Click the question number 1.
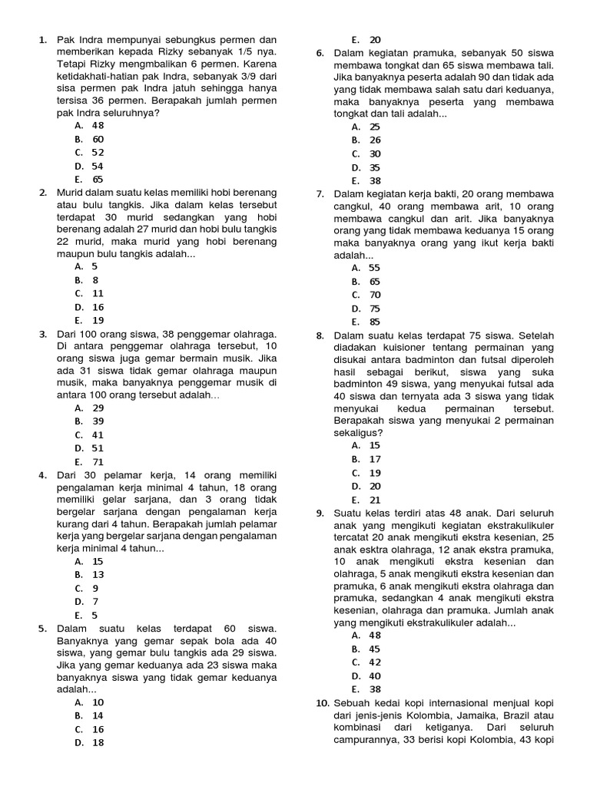(43, 40)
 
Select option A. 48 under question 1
(89, 126)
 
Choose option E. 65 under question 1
(89, 180)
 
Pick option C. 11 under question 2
(89, 293)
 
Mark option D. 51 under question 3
(89, 448)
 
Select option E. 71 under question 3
(89, 462)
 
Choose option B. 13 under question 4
(89, 575)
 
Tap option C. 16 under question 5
(89, 729)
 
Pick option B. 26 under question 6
(366, 140)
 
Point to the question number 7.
(320, 194)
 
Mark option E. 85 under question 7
(366, 322)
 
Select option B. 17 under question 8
(366, 459)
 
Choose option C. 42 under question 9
(366, 662)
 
